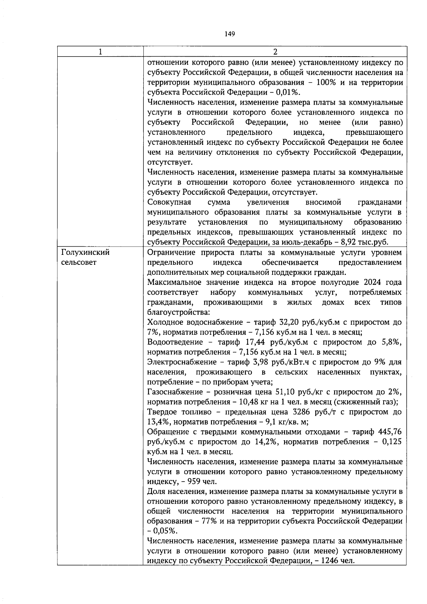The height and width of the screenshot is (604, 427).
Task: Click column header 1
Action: click(x=100, y=52)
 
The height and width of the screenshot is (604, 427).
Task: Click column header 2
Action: click(x=275, y=52)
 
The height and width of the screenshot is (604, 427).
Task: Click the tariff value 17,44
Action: click(x=256, y=342)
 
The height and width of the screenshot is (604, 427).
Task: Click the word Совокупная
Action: click(x=169, y=203)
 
